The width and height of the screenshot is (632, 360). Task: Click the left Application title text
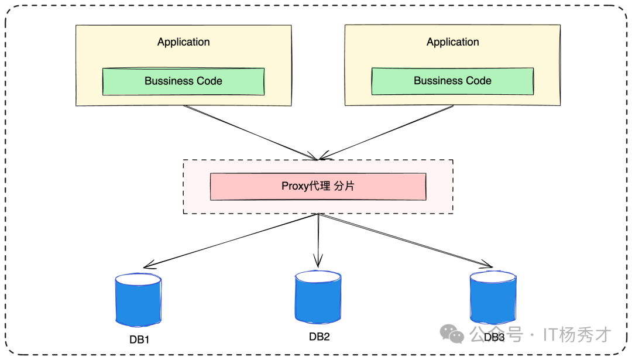tap(183, 42)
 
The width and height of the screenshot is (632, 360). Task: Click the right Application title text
tap(452, 42)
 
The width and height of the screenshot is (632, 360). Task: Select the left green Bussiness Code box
tap(183, 81)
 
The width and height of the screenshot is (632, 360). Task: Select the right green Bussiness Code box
tap(452, 81)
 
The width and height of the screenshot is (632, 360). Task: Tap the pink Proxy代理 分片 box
tap(318, 187)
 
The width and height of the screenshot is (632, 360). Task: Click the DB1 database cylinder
tap(138, 300)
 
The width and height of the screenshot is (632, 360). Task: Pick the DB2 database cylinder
tap(318, 297)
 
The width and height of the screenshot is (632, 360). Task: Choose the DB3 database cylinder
tap(493, 297)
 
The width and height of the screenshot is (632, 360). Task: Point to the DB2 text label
tap(320, 337)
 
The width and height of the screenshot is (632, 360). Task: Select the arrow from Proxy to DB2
tap(318, 240)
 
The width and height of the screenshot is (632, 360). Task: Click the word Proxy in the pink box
tap(294, 187)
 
